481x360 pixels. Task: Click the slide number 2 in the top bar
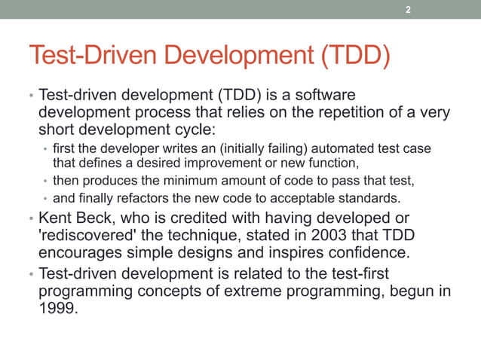[408, 10]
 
